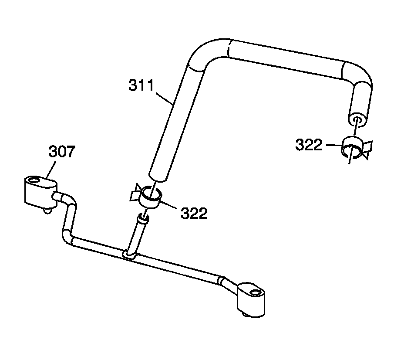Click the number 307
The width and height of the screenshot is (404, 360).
[61, 153]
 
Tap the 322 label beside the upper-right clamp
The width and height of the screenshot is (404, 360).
[309, 145]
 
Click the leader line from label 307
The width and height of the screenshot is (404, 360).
[52, 170]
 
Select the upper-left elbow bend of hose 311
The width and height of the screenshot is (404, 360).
[205, 52]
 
